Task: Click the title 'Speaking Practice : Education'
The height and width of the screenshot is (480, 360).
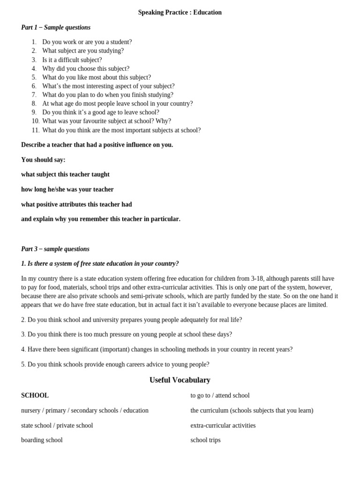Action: coord(180,13)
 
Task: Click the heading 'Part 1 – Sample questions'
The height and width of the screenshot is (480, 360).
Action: coord(56,28)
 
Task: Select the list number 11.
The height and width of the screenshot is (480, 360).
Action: coord(36,130)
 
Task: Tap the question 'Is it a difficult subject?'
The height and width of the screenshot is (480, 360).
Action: coord(72,60)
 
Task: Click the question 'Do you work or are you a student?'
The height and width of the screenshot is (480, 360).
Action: coord(87,42)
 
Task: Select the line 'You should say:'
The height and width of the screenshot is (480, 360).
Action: coord(43,160)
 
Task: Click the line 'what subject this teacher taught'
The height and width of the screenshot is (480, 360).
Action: coord(65,174)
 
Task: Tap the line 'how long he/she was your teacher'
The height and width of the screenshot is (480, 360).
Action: coord(67,189)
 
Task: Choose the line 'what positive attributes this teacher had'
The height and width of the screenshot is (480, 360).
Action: coord(76,204)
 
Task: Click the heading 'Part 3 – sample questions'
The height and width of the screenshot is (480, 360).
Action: coord(55,249)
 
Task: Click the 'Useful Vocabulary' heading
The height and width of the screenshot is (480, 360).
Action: coord(180,380)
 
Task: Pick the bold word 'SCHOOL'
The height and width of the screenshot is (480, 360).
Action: coord(35,396)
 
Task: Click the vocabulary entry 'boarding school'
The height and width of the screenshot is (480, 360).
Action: coord(42,440)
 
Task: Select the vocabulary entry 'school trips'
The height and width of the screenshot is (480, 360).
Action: coord(205,440)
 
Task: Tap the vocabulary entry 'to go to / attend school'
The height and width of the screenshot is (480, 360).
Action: coord(220,396)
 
